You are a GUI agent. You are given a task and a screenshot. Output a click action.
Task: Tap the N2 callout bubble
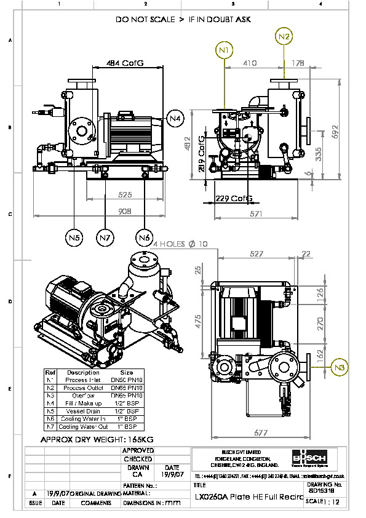284,36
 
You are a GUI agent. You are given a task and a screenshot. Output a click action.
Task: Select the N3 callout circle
339,368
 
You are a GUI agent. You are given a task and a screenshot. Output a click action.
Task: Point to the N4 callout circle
175,118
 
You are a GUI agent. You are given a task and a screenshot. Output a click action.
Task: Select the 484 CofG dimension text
125,63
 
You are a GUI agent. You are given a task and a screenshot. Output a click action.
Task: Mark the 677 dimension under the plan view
261,433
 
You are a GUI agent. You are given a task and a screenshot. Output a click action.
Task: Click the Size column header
126,372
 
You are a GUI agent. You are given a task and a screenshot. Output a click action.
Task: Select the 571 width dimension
257,213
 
